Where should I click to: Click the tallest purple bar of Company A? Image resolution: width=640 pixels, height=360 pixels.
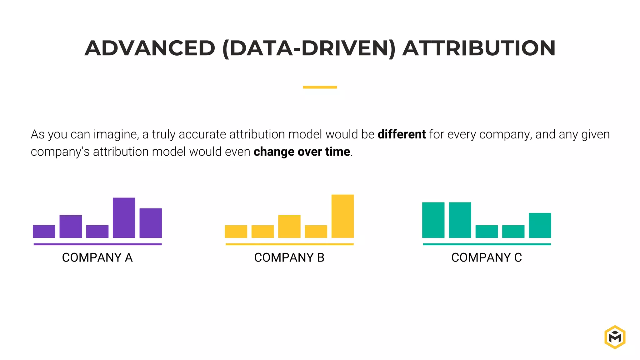124,217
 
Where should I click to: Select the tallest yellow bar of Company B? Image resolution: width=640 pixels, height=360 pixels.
342,216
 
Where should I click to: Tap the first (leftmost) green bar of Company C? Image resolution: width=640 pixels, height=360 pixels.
433,220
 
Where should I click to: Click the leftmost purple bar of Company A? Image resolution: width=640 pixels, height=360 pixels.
44,231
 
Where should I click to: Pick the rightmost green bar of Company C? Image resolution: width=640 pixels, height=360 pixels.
540,225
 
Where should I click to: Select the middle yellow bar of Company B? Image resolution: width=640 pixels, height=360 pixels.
289,226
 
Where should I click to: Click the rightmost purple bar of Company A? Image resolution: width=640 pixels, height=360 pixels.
151,223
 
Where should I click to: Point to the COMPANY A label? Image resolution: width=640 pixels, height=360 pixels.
97,257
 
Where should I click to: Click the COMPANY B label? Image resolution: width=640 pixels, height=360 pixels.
289,257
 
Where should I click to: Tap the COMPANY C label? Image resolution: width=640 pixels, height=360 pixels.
486,257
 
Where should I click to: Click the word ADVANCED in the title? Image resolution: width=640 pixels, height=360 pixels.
150,48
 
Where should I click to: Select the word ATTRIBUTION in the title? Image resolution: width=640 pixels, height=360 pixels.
479,48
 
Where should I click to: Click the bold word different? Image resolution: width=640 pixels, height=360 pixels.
401,134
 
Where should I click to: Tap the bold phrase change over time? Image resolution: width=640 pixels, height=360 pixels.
302,152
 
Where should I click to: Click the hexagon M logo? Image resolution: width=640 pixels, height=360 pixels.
615,337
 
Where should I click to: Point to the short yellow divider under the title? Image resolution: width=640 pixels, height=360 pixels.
320,87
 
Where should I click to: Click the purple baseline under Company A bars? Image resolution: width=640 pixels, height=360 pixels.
97,244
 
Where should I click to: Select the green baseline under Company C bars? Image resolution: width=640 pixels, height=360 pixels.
487,244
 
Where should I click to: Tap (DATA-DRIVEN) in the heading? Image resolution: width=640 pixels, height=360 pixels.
309,48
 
